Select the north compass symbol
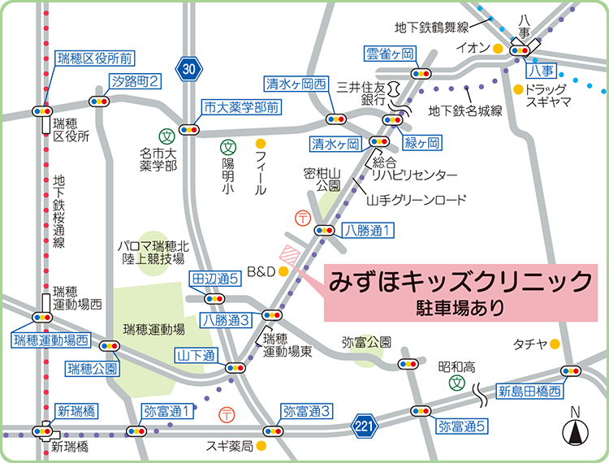tap(576, 431)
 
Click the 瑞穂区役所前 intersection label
tap(94, 58)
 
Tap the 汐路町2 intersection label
tap(136, 80)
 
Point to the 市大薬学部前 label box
tap(241, 106)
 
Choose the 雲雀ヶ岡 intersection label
tap(391, 54)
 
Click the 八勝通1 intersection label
tap(368, 230)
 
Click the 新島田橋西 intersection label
tap(529, 392)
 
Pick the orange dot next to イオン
tap(497, 49)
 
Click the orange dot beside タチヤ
tap(555, 344)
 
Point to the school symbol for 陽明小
tap(228, 147)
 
